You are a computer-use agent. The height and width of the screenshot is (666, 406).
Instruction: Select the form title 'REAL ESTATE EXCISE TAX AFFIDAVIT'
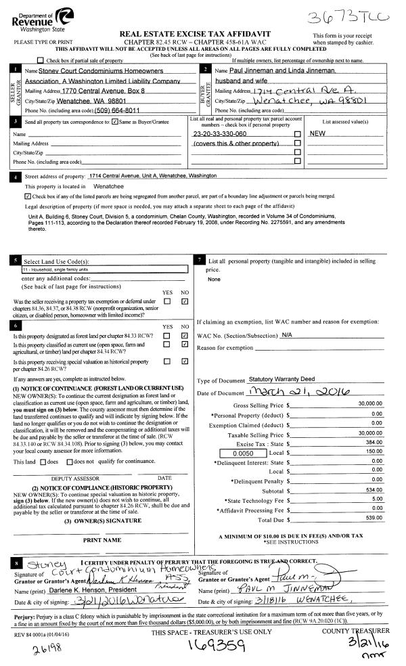204,33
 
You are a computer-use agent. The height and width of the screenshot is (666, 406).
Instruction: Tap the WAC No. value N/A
286,335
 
